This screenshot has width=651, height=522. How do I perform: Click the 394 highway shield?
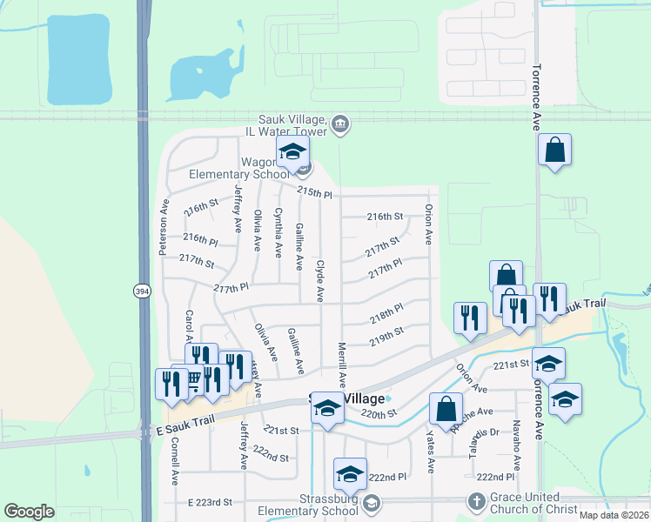click(x=142, y=291)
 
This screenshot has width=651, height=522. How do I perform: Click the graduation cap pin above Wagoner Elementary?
click(x=293, y=152)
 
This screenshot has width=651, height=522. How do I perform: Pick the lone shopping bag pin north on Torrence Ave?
click(x=554, y=150)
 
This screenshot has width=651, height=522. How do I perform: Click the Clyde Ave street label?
click(x=320, y=280)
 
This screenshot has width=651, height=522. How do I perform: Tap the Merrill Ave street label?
click(x=342, y=364)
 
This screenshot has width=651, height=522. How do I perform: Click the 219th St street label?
click(x=386, y=336)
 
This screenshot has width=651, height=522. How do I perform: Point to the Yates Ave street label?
click(x=430, y=453)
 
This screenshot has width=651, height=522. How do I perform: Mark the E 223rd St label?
click(x=211, y=502)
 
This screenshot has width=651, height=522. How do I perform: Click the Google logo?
click(x=29, y=512)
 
